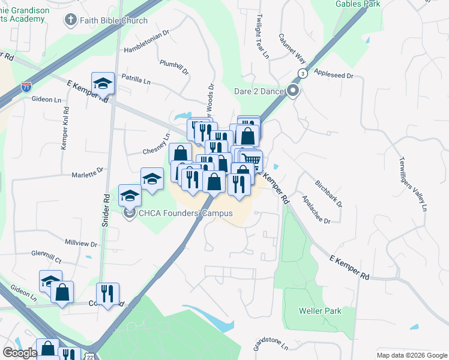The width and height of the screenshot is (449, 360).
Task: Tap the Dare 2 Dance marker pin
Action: [293, 91]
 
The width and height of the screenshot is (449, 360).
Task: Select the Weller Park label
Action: [320, 311]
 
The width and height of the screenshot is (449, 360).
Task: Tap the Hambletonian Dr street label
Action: [146, 49]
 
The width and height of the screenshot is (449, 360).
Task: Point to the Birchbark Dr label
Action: [329, 192]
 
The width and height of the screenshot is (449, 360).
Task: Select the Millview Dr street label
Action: [80, 244]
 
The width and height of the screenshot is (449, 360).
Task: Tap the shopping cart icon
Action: [253, 160]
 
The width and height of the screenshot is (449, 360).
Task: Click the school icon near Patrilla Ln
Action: [103, 83]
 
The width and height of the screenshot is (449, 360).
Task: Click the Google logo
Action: [20, 353]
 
